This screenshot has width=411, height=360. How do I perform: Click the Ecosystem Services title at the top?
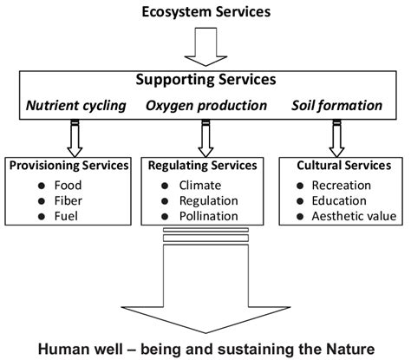click(205, 13)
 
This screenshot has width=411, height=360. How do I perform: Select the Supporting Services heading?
click(205, 80)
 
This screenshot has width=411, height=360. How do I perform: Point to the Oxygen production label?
click(205, 106)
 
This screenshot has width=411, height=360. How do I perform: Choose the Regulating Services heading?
click(205, 165)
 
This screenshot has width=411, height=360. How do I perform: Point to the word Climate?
click(200, 185)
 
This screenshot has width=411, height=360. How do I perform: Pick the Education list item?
click(343, 200)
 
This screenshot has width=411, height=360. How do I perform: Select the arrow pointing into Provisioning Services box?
click(70, 136)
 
